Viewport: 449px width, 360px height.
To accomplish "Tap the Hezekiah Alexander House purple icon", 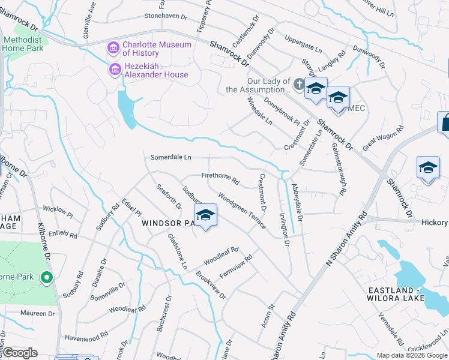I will coord(113,70).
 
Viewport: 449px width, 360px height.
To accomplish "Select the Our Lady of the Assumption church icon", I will coord(300,83).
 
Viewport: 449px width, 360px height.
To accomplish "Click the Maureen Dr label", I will coord(29,313).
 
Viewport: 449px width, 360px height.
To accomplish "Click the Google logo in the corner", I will coord(20,353).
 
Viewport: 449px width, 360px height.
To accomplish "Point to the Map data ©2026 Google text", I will coord(411,355).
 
